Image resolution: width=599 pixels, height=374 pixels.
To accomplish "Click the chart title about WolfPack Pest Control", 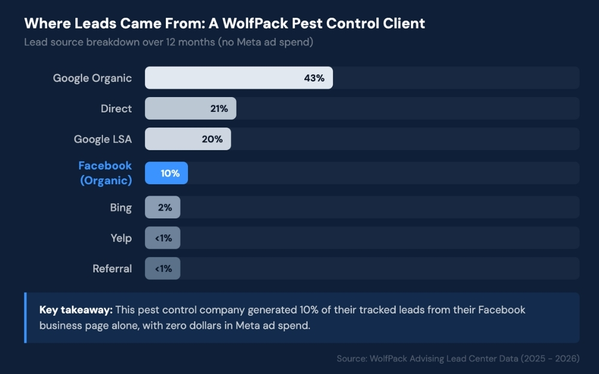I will (x=225, y=23).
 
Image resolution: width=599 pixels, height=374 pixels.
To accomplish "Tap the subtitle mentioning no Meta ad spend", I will (x=168, y=42).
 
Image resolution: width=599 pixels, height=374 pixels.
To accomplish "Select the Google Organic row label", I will (x=92, y=78).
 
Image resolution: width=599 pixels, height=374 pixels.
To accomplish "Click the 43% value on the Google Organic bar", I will (x=314, y=78).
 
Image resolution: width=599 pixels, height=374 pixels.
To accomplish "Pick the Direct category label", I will (x=116, y=108).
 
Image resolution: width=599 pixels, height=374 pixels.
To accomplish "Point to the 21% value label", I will (x=219, y=108).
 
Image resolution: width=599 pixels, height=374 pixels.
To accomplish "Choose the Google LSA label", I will (x=102, y=139).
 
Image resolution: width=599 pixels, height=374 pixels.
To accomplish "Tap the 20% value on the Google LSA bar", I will (x=212, y=139).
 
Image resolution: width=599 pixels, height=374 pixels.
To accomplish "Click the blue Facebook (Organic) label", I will (x=105, y=173).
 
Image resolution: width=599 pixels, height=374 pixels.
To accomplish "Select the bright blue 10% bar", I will (x=167, y=173).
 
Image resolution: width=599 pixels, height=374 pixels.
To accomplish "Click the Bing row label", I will (x=120, y=207).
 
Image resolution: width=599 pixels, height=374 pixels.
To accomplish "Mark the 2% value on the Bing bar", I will (x=165, y=207).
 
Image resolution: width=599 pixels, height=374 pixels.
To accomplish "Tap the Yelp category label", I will (x=121, y=238).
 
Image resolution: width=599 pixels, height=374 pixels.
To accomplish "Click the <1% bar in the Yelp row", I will (x=163, y=238).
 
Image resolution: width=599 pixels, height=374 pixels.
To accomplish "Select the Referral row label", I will (x=112, y=269).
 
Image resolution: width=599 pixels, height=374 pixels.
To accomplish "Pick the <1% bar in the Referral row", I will (x=163, y=269).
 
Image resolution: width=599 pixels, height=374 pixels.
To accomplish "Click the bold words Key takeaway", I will (x=75, y=310).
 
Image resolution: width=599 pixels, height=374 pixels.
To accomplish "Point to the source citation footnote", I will (x=458, y=358).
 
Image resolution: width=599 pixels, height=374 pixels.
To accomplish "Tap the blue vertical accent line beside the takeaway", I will (x=25, y=318).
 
